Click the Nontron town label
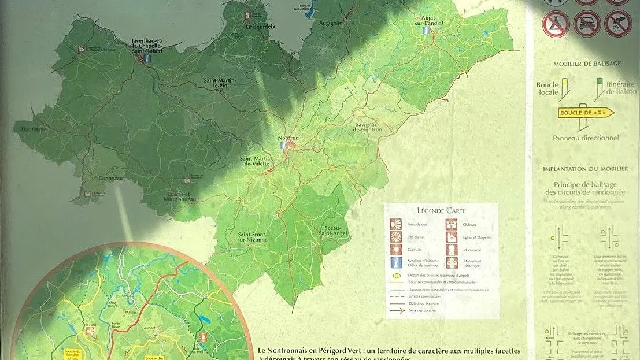pyautogui.click(x=288, y=138)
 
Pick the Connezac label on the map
pyautogui.click(x=110, y=179)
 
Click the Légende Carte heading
pyautogui.click(x=441, y=211)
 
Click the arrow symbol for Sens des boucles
pyautogui.click(x=396, y=310)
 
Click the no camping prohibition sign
pyautogui.click(x=556, y=24)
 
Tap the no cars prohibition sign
pyautogui.click(x=587, y=24)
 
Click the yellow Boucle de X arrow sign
pyautogui.click(x=586, y=113)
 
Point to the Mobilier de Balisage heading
pyautogui.click(x=586, y=64)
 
